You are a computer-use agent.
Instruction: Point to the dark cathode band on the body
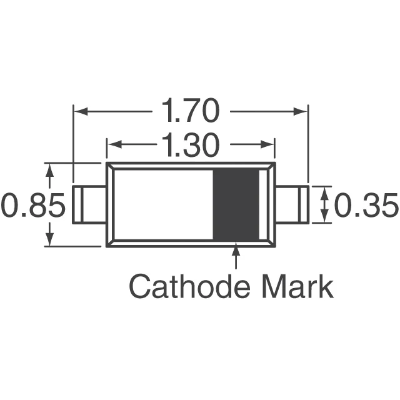point(237,204)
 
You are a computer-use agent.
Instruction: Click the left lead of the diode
point(89,204)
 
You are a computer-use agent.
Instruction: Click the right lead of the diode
point(292,204)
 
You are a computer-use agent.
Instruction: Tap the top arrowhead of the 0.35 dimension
point(323,191)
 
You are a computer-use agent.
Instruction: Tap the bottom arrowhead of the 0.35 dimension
point(323,217)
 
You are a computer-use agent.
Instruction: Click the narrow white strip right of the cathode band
point(262,204)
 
